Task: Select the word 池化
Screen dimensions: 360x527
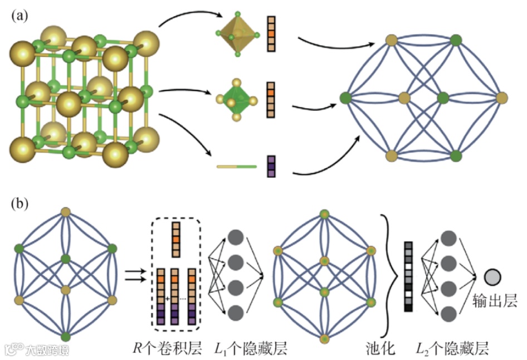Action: click(381, 349)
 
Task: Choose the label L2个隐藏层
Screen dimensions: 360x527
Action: click(453, 349)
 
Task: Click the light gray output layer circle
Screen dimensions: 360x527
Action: click(492, 276)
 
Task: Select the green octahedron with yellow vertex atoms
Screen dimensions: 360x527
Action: click(237, 101)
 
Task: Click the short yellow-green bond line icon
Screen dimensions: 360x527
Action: click(236, 166)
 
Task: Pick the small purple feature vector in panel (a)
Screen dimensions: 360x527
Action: click(271, 166)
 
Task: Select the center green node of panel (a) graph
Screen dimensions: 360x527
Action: click(443, 99)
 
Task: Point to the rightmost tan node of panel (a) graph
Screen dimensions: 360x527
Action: click(501, 99)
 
